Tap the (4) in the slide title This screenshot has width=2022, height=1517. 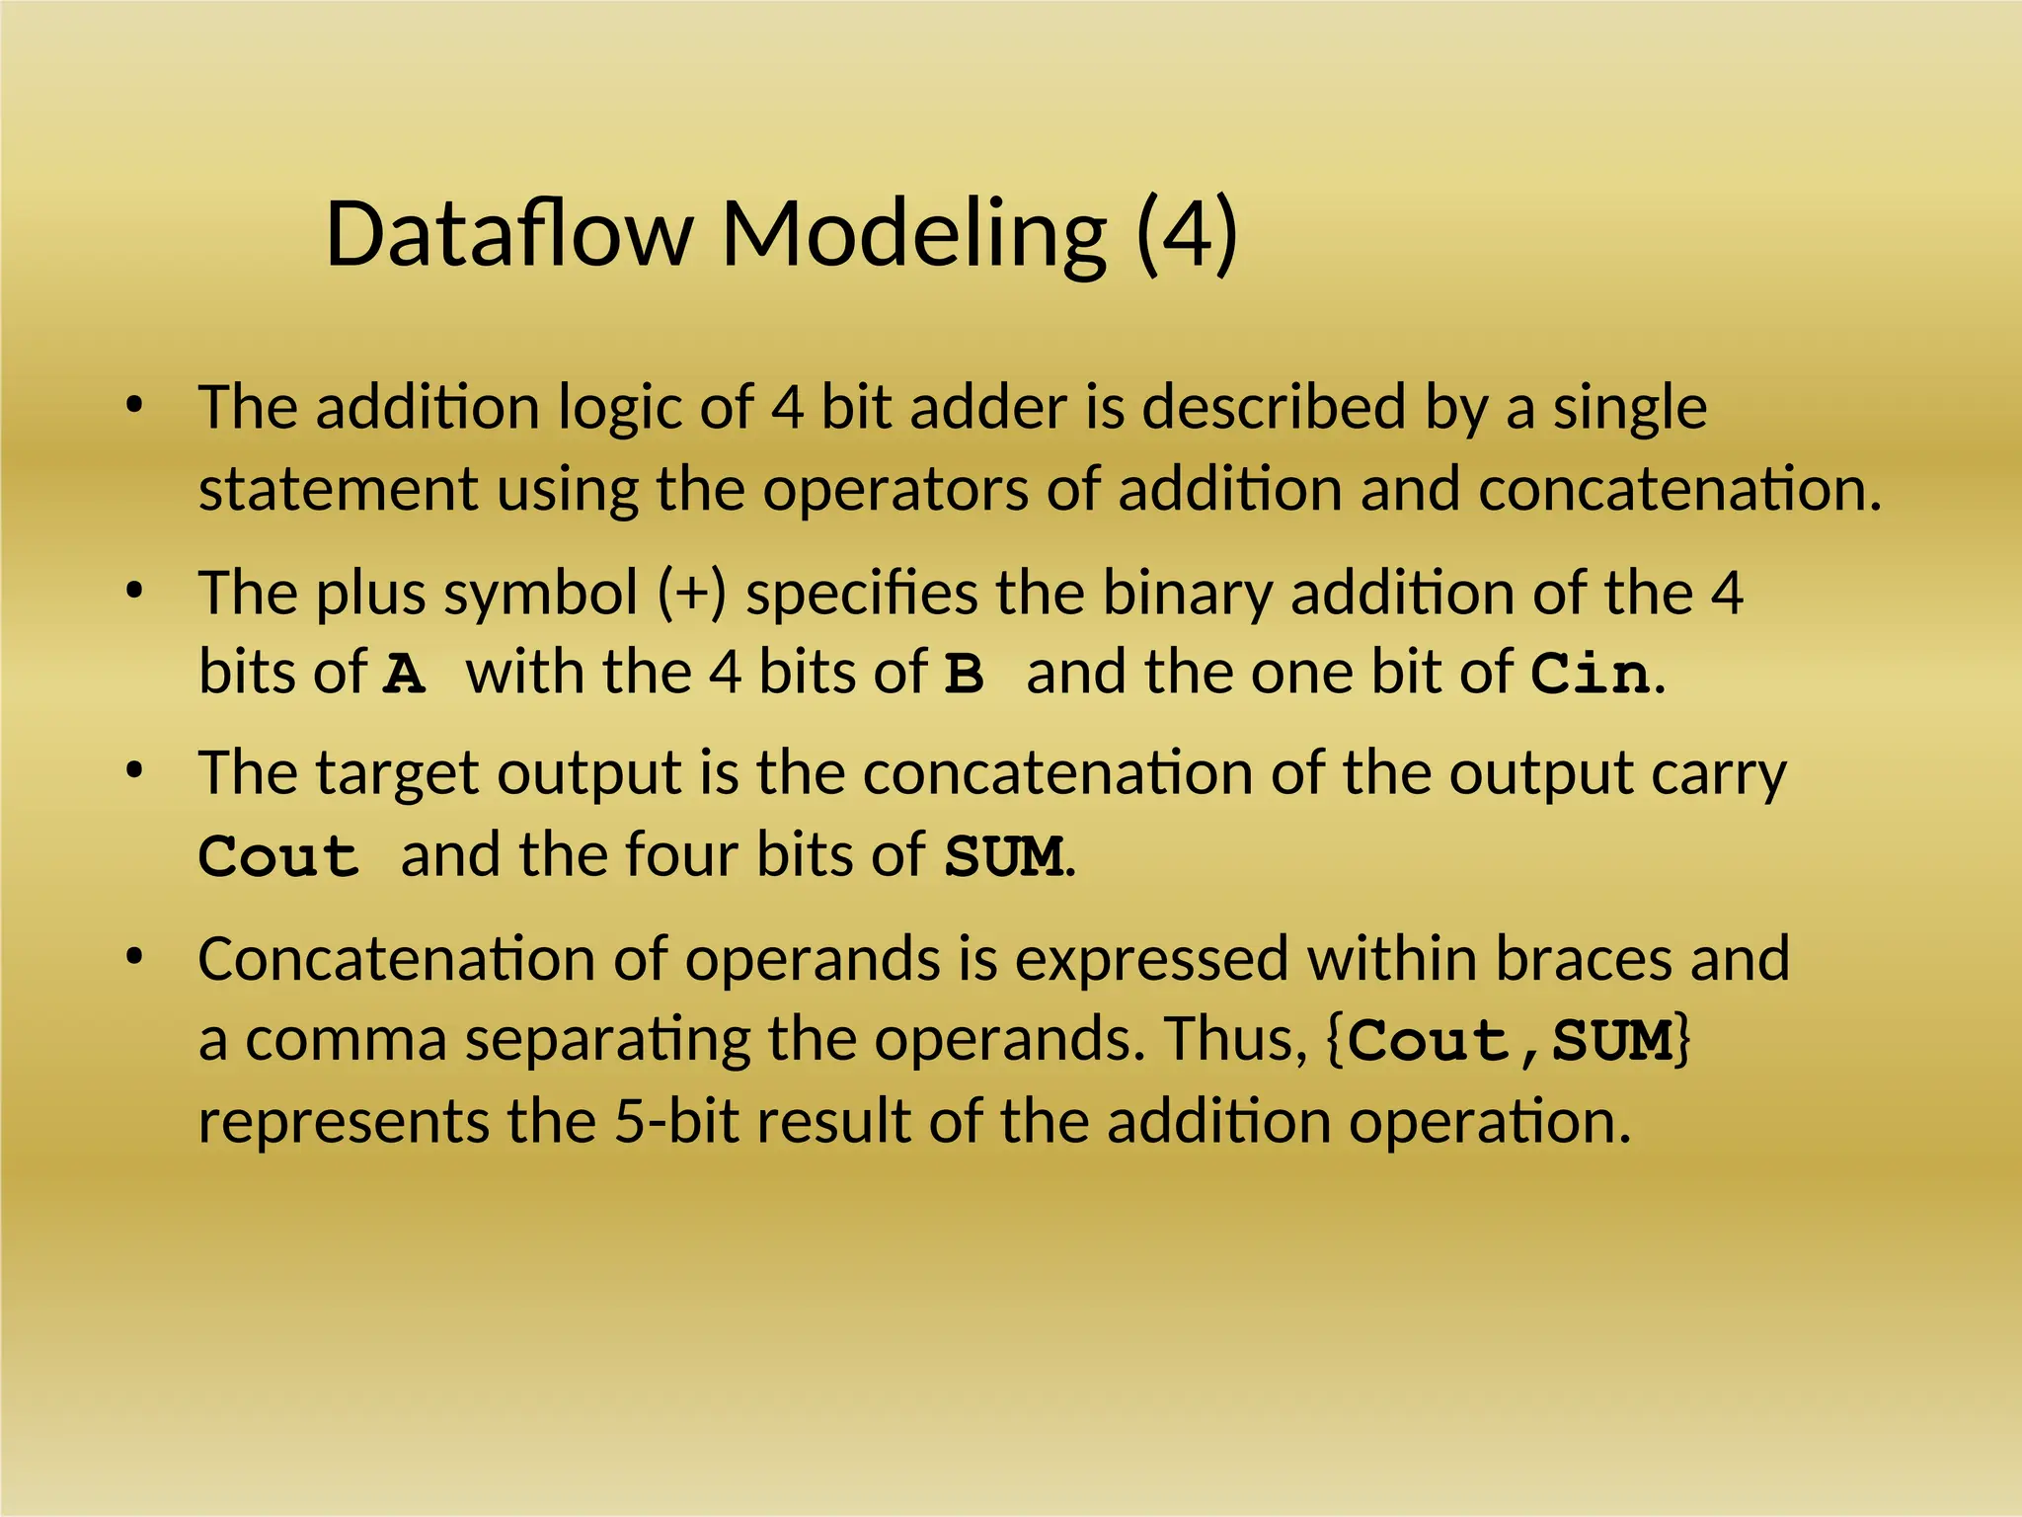click(x=1187, y=235)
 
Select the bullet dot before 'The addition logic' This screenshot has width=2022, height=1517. click(x=135, y=405)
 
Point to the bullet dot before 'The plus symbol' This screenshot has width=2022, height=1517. click(x=135, y=591)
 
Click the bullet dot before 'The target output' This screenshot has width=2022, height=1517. click(x=135, y=770)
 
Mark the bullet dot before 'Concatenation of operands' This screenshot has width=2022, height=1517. click(x=135, y=956)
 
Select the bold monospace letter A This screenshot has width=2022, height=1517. click(x=405, y=675)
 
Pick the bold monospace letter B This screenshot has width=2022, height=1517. click(x=964, y=675)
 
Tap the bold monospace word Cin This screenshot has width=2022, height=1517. click(x=1590, y=675)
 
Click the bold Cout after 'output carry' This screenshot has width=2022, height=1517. click(x=277, y=856)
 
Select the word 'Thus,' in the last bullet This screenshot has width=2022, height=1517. click(x=1235, y=1039)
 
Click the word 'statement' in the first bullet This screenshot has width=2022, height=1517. click(x=338, y=489)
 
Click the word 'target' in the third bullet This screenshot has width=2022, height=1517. click(x=397, y=774)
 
